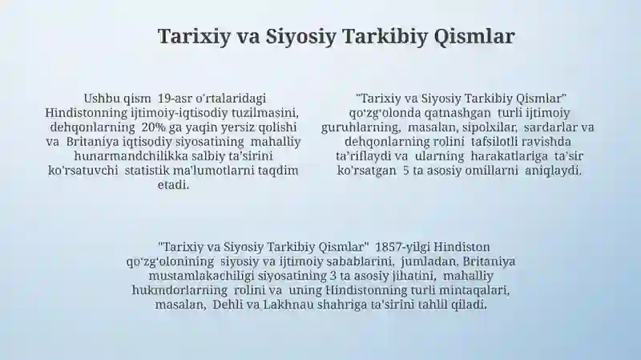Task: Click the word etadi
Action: [x=173, y=185]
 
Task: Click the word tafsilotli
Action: [x=493, y=142]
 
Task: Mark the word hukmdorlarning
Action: [x=179, y=290]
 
